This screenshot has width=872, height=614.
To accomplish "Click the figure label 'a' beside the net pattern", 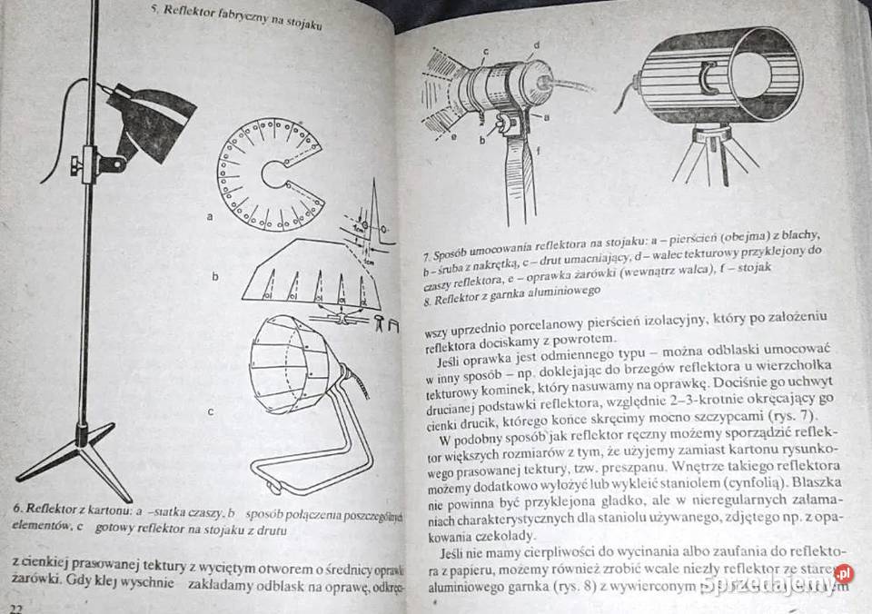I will coord(211,217).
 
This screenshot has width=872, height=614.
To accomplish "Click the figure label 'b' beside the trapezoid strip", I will coord(215,275).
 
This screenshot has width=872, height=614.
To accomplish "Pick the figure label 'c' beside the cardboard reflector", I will coord(211,411).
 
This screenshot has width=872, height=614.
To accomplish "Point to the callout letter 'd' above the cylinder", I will coord(537,44).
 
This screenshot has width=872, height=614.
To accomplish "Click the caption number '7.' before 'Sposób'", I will coord(428,257).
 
